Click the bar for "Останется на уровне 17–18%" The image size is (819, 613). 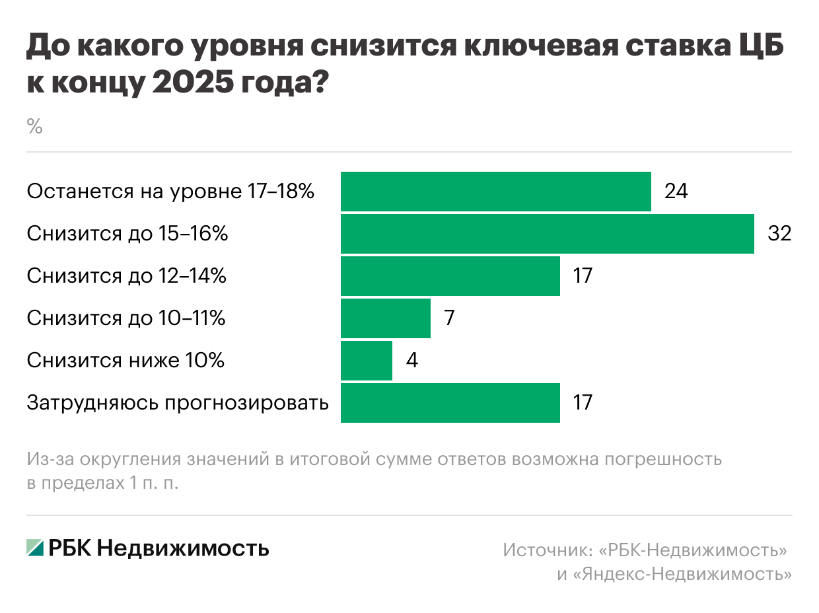[x=495, y=192]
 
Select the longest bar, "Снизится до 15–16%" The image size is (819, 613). [x=547, y=234]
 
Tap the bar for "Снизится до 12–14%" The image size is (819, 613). [x=450, y=276]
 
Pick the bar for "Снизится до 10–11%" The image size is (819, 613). [x=385, y=318]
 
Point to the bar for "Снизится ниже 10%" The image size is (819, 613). [x=366, y=361]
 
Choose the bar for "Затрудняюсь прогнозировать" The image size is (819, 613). [x=450, y=403]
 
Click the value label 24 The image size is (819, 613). [x=676, y=192]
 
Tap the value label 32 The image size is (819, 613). [x=779, y=234]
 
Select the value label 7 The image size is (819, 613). [x=450, y=318]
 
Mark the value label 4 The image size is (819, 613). [x=411, y=361]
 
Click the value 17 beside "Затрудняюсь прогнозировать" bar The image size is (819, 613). [x=582, y=403]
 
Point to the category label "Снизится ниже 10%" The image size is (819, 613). [x=125, y=361]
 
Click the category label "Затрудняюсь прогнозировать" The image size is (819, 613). [x=178, y=403]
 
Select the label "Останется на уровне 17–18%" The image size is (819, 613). [x=170, y=192]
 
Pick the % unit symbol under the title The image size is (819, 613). [x=34, y=127]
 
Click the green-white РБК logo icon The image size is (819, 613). [x=35, y=548]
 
